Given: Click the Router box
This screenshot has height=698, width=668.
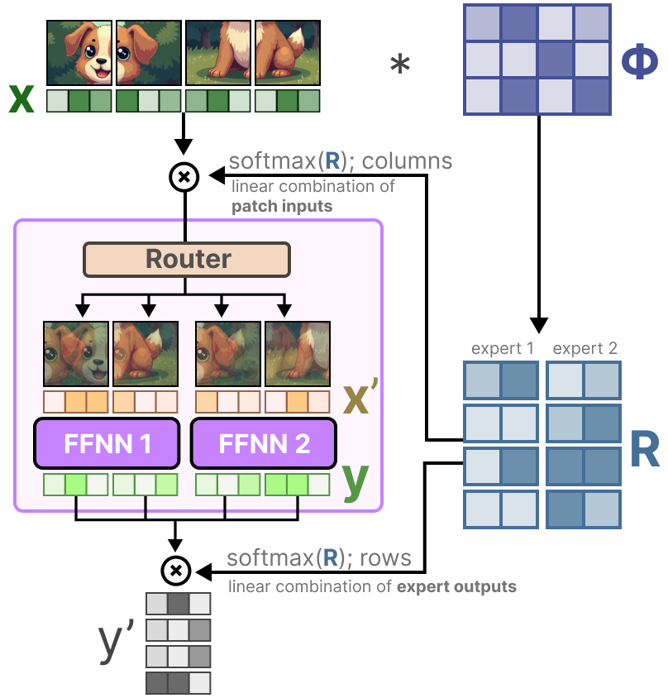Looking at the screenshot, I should [x=187, y=259].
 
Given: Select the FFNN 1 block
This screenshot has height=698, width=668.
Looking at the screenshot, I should [x=107, y=444].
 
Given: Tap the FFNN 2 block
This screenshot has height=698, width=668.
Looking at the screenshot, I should [x=264, y=444].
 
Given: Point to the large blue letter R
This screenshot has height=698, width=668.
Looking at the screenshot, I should [x=643, y=448].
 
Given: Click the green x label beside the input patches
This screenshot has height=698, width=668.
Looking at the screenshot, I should [x=21, y=100].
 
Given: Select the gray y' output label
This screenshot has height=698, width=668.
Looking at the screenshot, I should [x=116, y=643].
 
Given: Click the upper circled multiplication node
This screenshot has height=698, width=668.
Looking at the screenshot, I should [x=184, y=176].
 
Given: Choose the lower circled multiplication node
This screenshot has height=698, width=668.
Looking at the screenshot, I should [x=175, y=570].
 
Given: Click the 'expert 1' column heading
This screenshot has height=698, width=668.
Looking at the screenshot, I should [x=501, y=348].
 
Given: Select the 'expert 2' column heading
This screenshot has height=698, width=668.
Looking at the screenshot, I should [x=584, y=348].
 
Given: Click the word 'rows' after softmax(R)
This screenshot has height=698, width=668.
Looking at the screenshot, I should [x=385, y=558].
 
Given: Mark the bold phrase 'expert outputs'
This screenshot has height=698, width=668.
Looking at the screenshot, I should [x=456, y=587].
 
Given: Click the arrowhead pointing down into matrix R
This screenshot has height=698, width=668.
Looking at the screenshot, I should [x=539, y=324].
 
